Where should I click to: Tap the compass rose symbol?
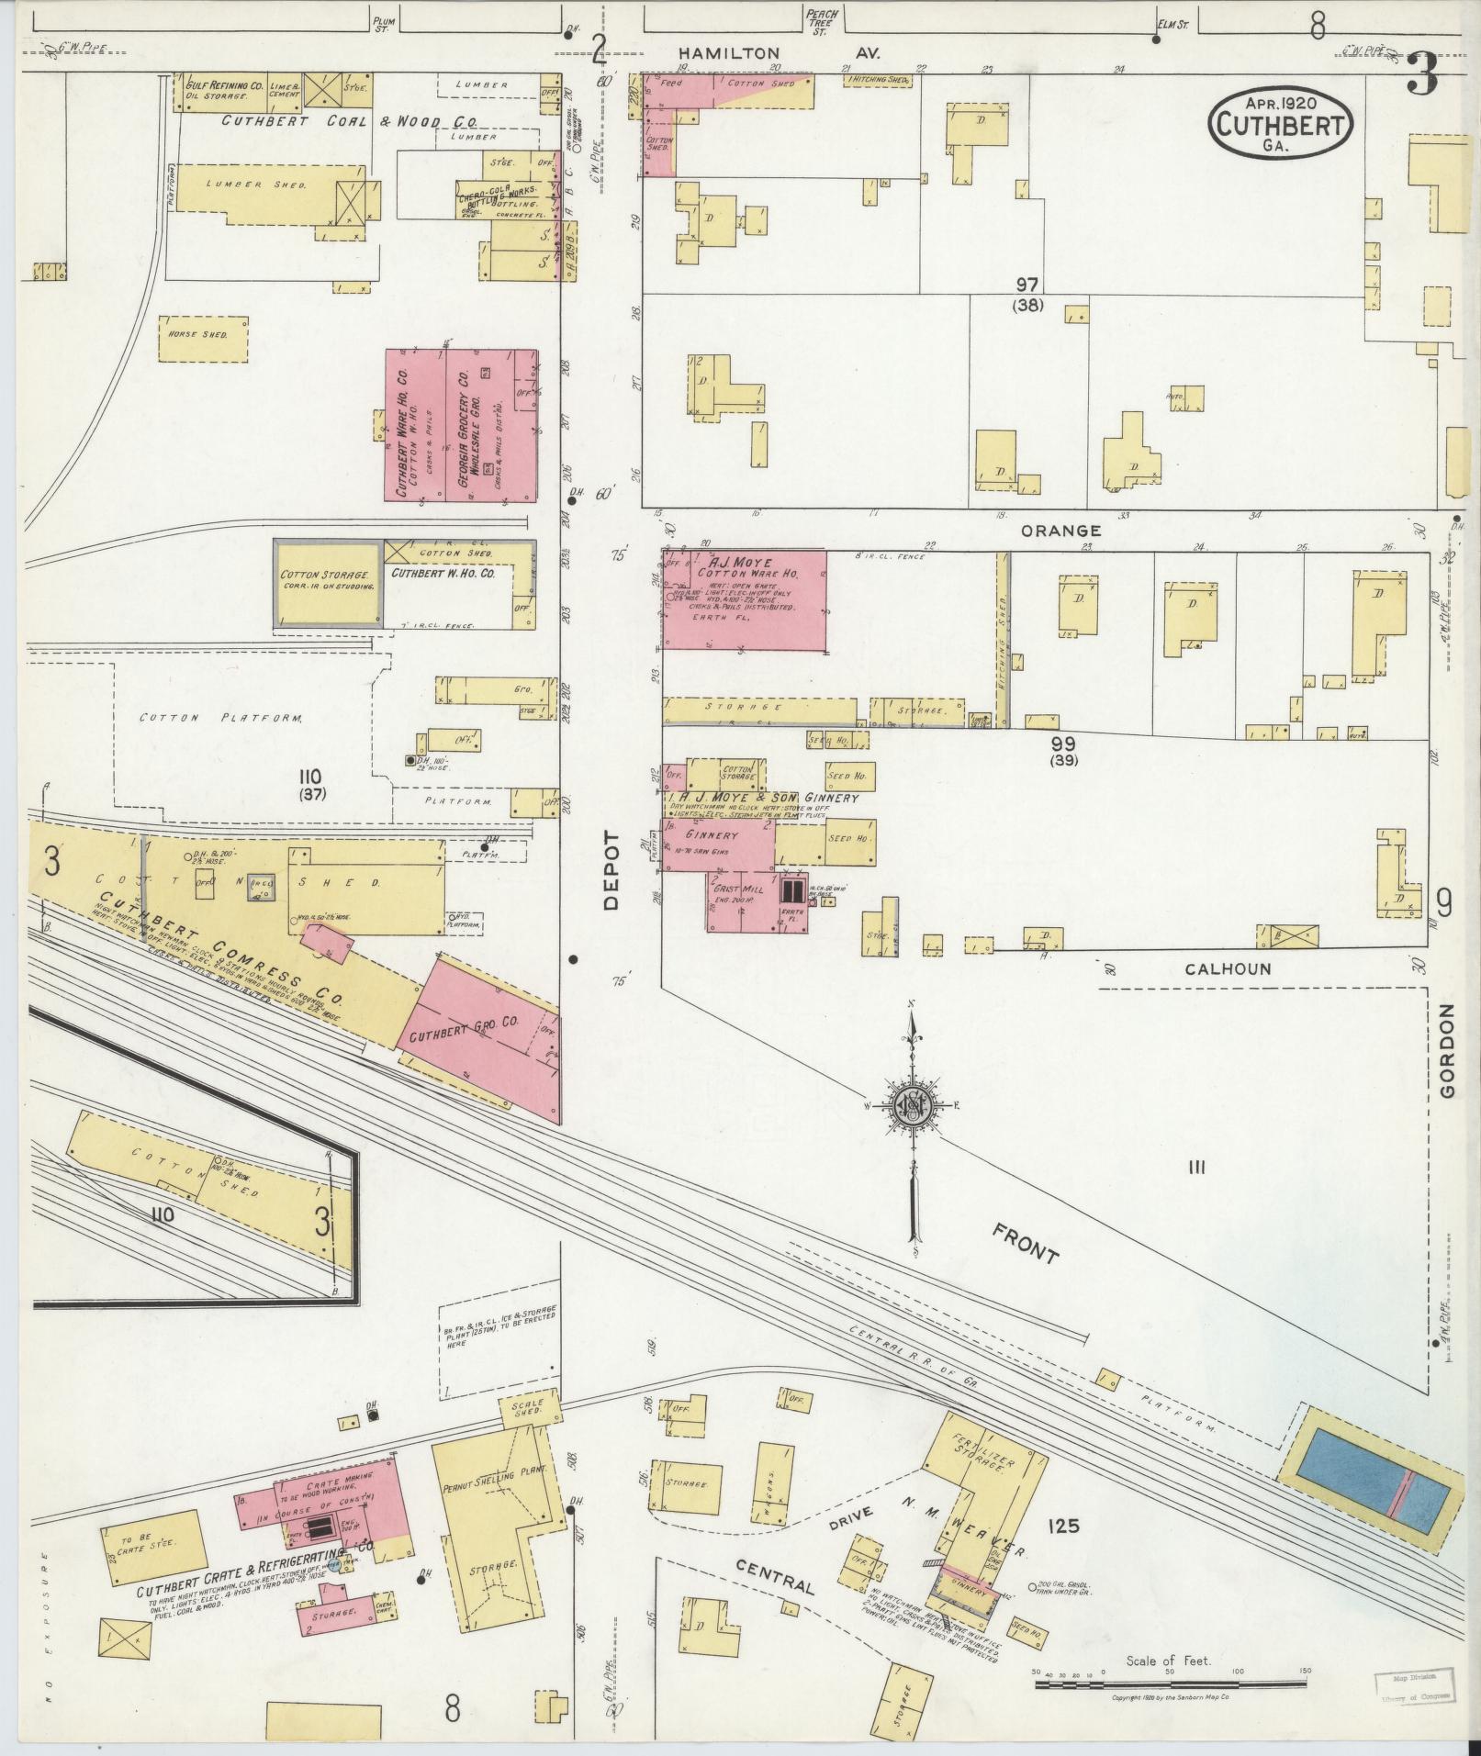coord(913,1108)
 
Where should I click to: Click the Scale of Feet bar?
coord(1170,1683)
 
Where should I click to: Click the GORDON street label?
coord(1448,1051)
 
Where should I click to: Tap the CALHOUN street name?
coord(1227,969)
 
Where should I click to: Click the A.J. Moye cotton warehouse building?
coord(745,600)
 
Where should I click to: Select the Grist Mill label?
coord(735,891)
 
